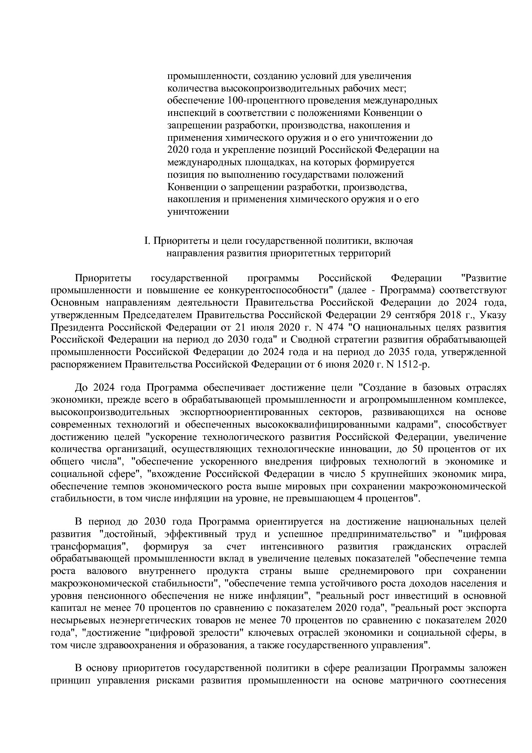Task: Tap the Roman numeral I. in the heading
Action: [147, 241]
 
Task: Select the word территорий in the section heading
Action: [369, 253]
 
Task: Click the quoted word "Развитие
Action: [483, 278]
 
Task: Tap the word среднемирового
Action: [377, 571]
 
